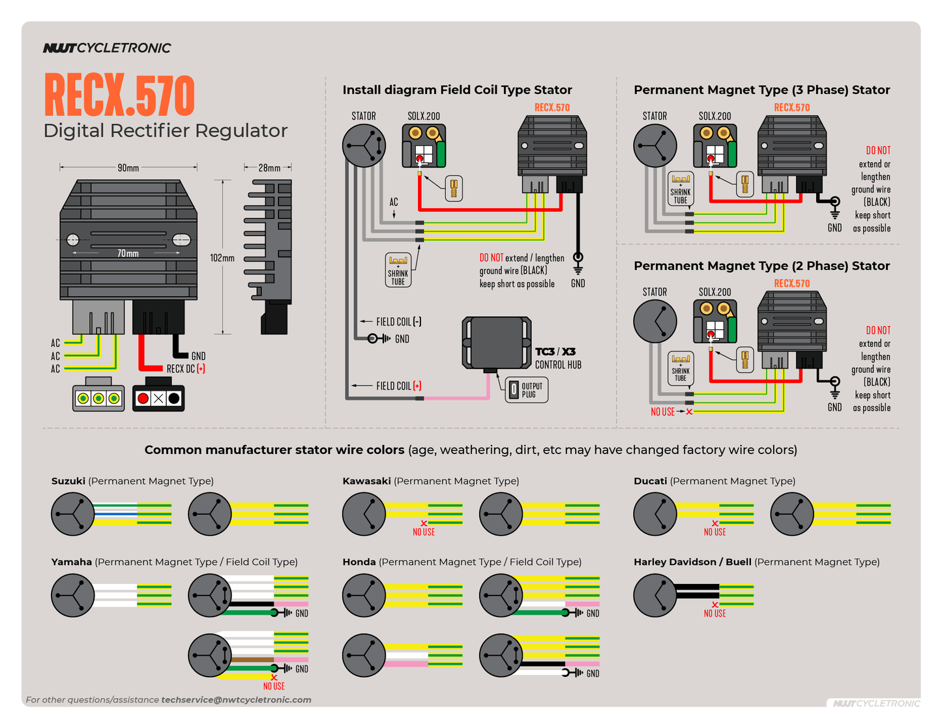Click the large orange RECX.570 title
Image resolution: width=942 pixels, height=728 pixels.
point(119,95)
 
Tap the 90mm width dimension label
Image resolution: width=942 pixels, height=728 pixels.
point(128,168)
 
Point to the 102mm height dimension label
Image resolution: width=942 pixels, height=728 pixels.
point(222,258)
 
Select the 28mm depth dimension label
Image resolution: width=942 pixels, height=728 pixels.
point(269,168)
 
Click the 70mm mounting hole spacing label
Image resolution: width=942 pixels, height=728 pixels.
point(128,253)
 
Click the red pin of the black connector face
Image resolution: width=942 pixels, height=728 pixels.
point(143,398)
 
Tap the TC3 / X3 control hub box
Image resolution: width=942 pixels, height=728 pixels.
point(496,342)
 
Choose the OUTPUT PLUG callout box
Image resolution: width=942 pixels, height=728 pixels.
point(527,390)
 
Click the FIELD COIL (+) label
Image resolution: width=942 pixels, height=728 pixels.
point(398,386)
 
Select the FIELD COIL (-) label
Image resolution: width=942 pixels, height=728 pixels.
point(398,322)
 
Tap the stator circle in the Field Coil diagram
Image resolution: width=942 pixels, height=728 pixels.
point(364,145)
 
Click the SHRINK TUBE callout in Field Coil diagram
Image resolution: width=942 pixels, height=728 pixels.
point(398,270)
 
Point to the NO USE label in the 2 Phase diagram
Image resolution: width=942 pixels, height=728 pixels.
point(662,412)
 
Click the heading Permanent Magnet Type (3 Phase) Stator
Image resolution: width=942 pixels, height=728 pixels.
point(761,90)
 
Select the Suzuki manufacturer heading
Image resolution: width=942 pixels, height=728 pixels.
point(68,481)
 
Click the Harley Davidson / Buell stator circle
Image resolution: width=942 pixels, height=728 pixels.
point(655,595)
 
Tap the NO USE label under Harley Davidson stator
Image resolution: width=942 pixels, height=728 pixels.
point(714,613)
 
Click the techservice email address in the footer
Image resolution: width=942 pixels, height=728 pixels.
point(236,699)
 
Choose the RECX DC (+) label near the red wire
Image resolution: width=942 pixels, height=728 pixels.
point(186,369)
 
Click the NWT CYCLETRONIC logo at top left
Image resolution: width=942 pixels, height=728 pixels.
point(107,48)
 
